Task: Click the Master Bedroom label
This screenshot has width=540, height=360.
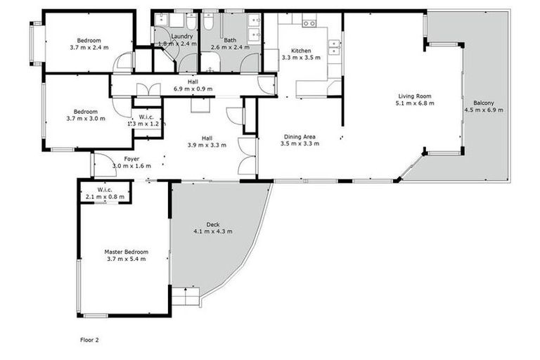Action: (x=127, y=252)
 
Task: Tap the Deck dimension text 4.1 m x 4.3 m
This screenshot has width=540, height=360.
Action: (x=213, y=231)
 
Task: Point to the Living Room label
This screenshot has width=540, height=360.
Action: (x=414, y=96)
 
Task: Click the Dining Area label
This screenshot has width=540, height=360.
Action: (x=300, y=136)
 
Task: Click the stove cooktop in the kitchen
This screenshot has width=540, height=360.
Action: (x=309, y=23)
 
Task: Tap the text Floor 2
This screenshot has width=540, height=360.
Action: (x=89, y=340)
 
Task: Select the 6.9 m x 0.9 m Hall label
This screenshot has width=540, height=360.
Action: (x=192, y=89)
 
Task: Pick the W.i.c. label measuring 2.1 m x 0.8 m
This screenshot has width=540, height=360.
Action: (x=105, y=197)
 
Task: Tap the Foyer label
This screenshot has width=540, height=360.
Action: (x=131, y=159)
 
